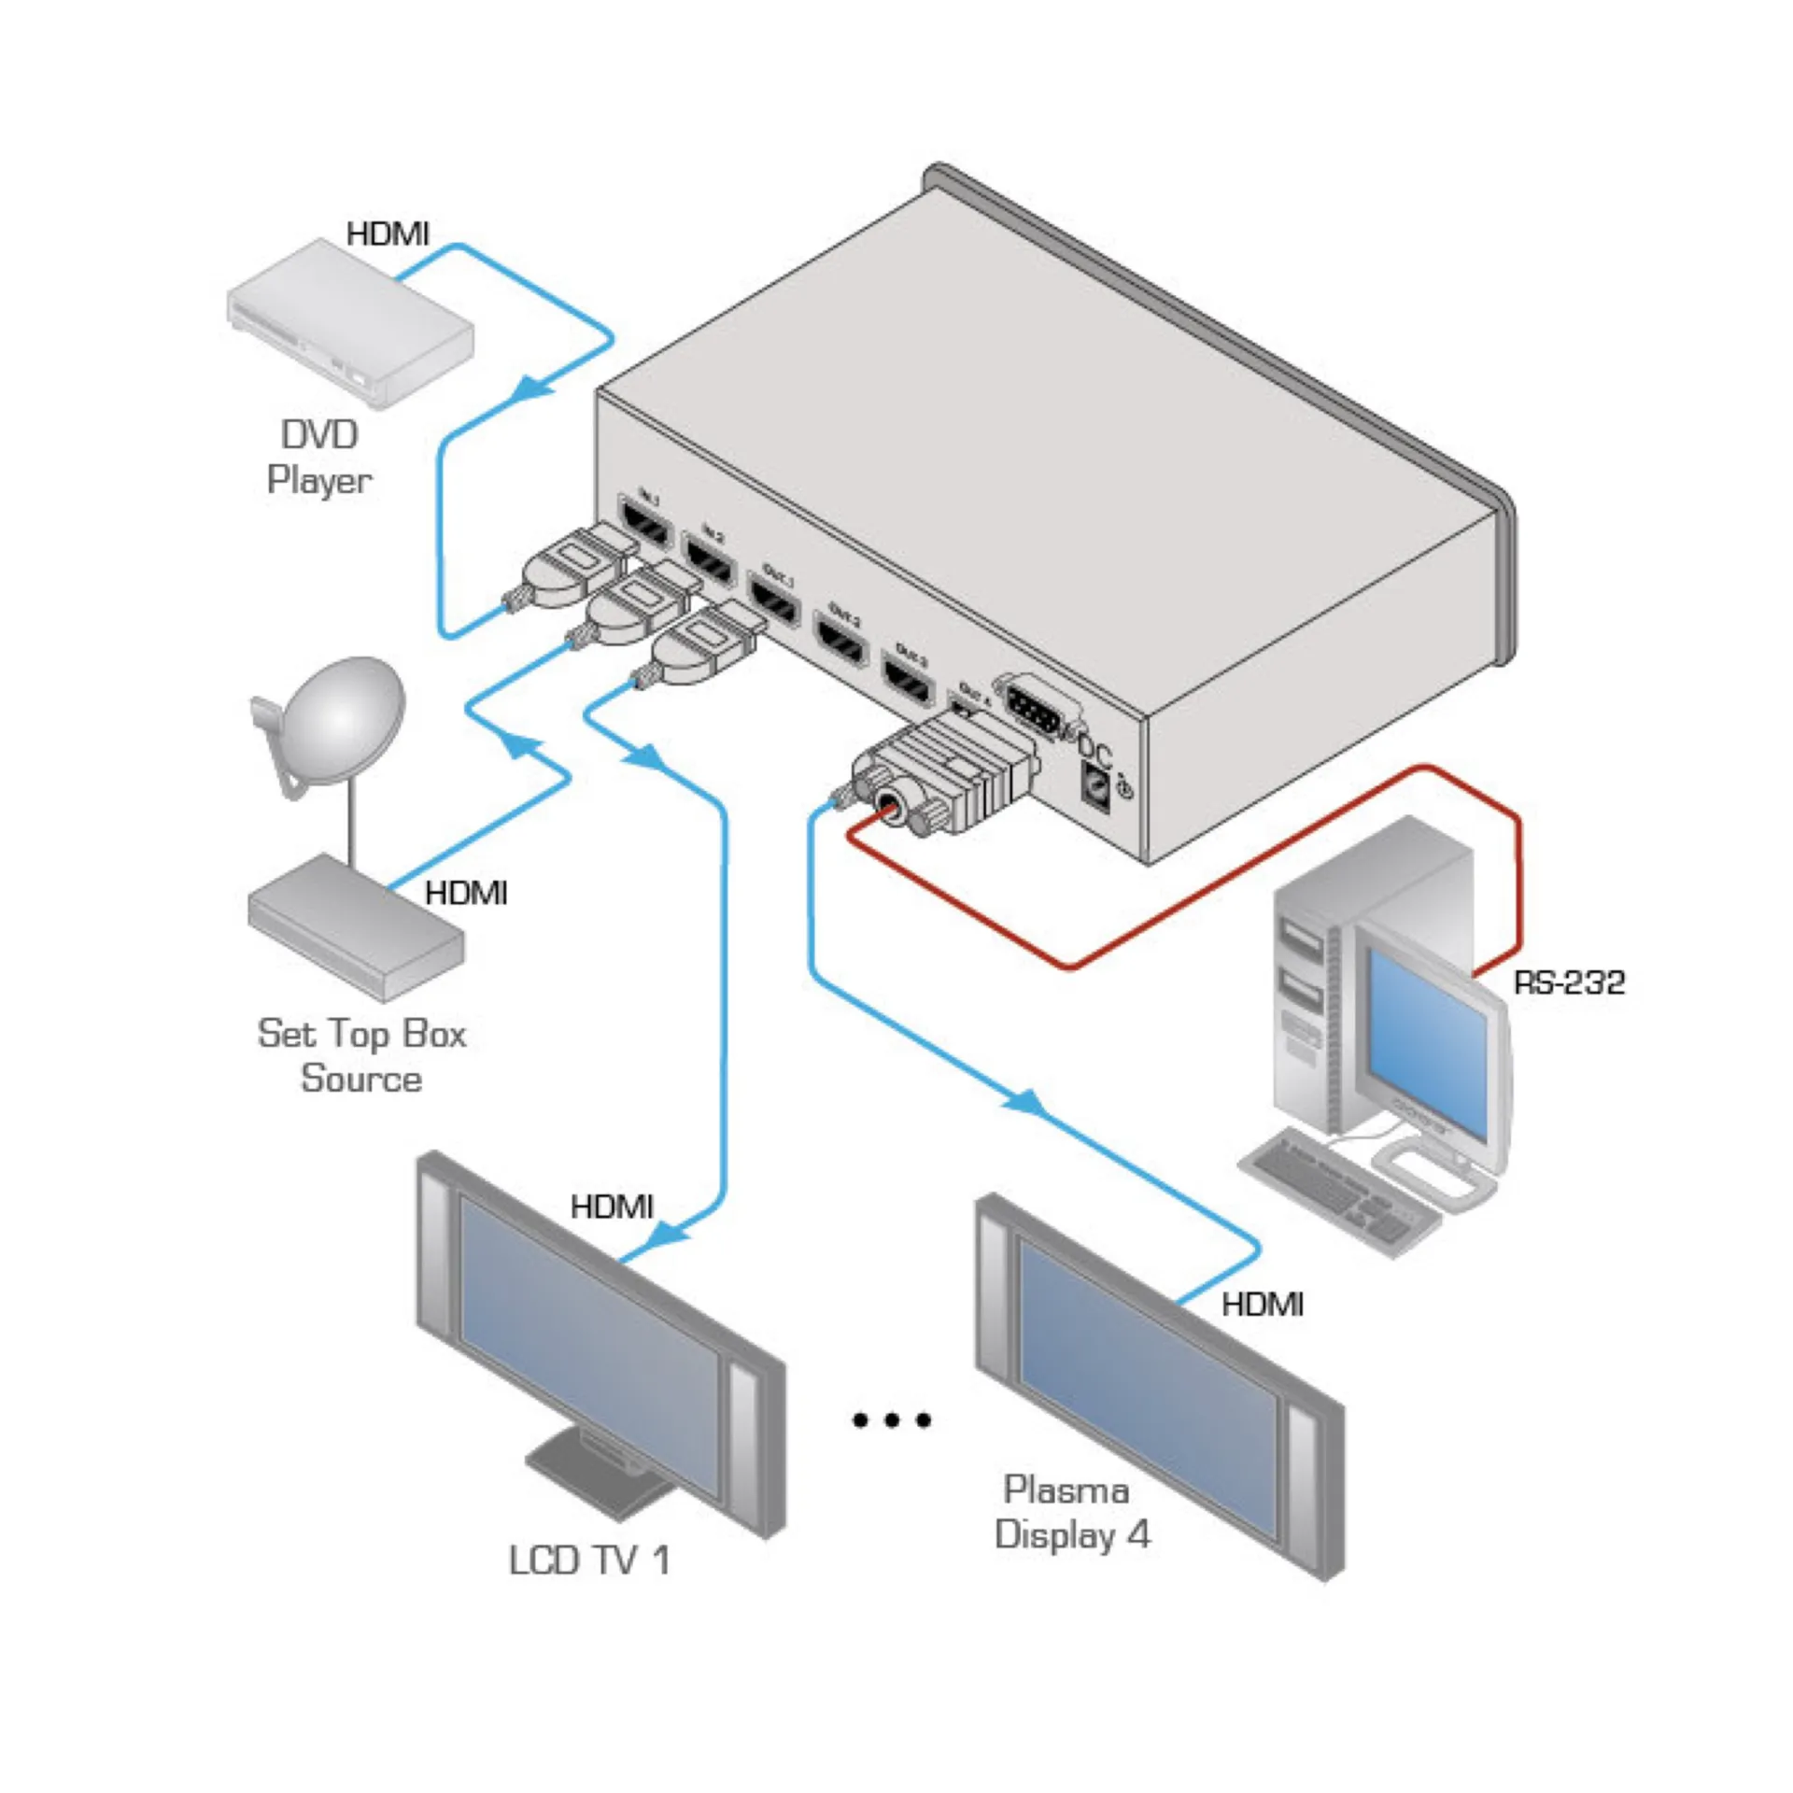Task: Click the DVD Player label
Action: pyautogui.click(x=318, y=458)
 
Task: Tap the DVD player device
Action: pyautogui.click(x=350, y=323)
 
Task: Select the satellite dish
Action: pyautogui.click(x=341, y=720)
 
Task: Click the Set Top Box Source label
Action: pyautogui.click(x=360, y=1056)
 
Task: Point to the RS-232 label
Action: pyautogui.click(x=1569, y=981)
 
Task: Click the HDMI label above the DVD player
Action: pyautogui.click(x=388, y=233)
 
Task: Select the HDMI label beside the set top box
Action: pyautogui.click(x=466, y=893)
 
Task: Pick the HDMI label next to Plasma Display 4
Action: pyautogui.click(x=1262, y=1305)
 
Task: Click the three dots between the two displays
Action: pyautogui.click(x=892, y=1420)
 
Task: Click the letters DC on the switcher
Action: pyautogui.click(x=1095, y=750)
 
